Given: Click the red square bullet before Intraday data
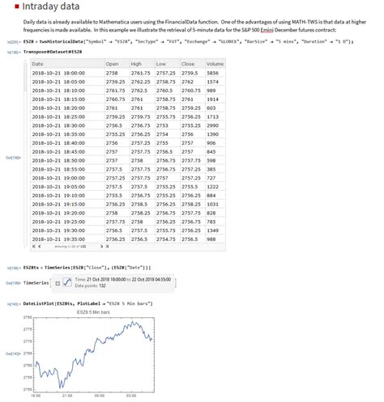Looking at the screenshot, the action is pyautogui.click(x=15, y=7).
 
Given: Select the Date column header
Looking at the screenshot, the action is pyautogui.click(x=38, y=63).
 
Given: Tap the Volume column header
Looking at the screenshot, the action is pyautogui.click(x=215, y=63).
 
